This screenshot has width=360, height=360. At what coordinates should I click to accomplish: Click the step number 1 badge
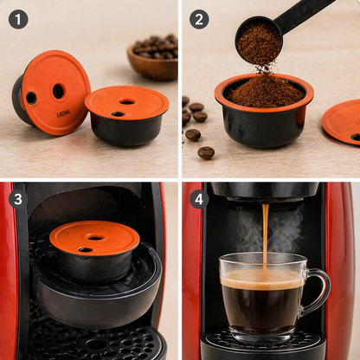18,19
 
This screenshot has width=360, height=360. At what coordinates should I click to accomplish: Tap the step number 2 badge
199,19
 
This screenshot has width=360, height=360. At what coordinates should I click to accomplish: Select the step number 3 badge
18,199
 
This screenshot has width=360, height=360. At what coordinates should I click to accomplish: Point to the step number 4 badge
199,199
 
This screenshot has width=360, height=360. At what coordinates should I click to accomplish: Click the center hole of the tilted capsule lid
58,91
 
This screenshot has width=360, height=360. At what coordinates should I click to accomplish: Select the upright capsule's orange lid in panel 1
126,101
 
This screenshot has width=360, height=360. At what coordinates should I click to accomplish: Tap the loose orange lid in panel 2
344,121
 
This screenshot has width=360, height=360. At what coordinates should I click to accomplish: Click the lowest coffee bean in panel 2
206,152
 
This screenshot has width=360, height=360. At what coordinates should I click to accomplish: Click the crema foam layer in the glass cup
263,280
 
